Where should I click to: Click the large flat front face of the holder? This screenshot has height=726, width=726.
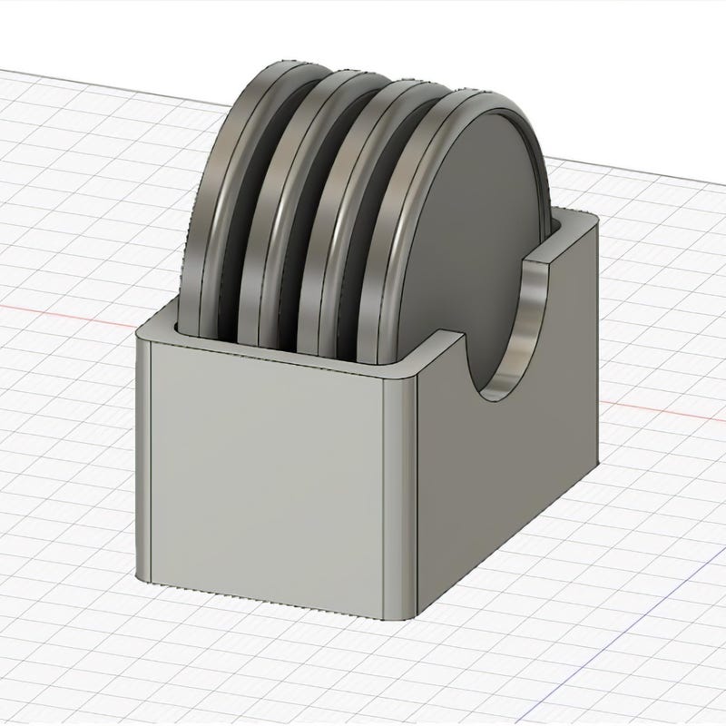coord(263,472)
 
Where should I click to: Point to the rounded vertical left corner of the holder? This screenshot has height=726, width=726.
coord(142,454)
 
